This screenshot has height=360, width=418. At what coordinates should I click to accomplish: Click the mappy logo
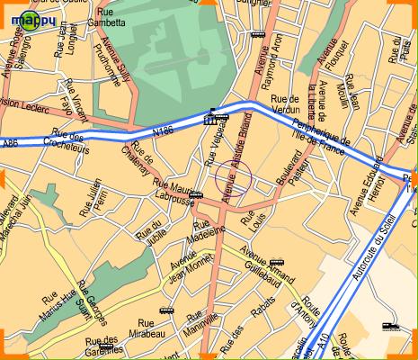(x=28, y=15)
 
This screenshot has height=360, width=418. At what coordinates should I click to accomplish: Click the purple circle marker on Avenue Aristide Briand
(x=229, y=177)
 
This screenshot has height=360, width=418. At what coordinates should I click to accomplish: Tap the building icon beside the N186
(x=210, y=118)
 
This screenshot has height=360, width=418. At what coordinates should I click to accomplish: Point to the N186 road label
(x=163, y=133)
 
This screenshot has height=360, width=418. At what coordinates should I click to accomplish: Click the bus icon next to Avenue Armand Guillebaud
(x=276, y=240)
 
